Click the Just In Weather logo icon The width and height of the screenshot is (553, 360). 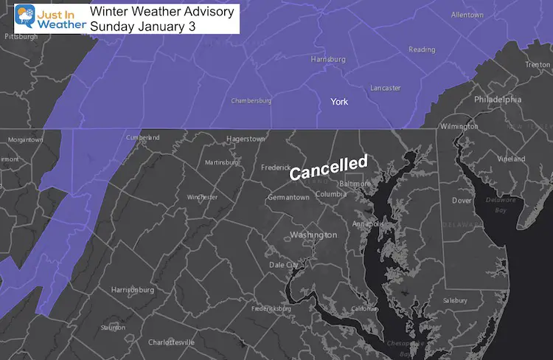[x=25, y=18]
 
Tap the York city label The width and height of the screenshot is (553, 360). [x=339, y=101]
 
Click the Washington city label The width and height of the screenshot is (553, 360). [x=313, y=235]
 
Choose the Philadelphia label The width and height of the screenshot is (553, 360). [x=498, y=99]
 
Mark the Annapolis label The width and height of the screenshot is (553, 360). [x=367, y=224]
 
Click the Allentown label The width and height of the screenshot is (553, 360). [x=468, y=15]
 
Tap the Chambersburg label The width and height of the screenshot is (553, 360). [x=251, y=101]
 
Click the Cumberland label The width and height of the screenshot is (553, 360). [x=143, y=137]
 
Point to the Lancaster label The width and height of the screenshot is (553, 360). [x=386, y=88]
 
